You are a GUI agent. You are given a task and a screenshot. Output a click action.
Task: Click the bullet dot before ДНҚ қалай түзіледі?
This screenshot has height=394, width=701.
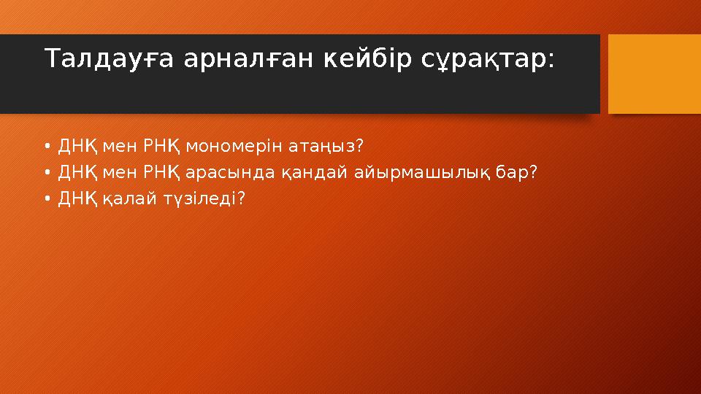pos(47,198)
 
